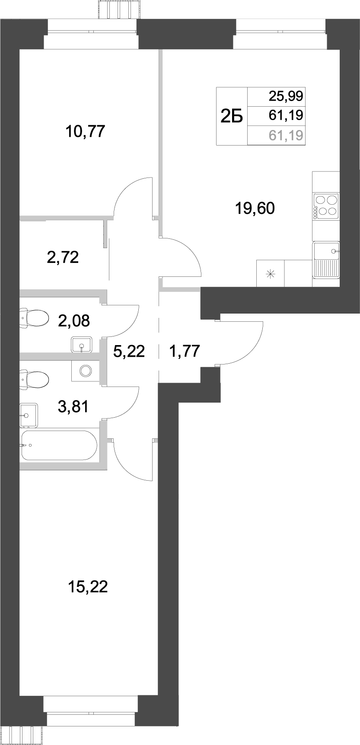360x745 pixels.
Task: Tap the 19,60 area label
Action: [255, 209]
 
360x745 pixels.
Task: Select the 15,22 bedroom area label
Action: [88, 587]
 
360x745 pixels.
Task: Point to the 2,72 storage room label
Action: [63, 257]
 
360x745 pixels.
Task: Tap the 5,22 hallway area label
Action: [128, 351]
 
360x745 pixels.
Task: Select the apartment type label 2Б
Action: [232, 117]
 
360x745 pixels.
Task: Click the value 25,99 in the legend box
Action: [286, 95]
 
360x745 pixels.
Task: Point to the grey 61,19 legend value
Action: [286, 136]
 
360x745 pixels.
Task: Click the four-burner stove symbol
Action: [326, 206]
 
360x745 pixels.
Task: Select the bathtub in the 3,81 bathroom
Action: [60, 445]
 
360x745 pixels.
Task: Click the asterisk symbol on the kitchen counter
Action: [271, 273]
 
